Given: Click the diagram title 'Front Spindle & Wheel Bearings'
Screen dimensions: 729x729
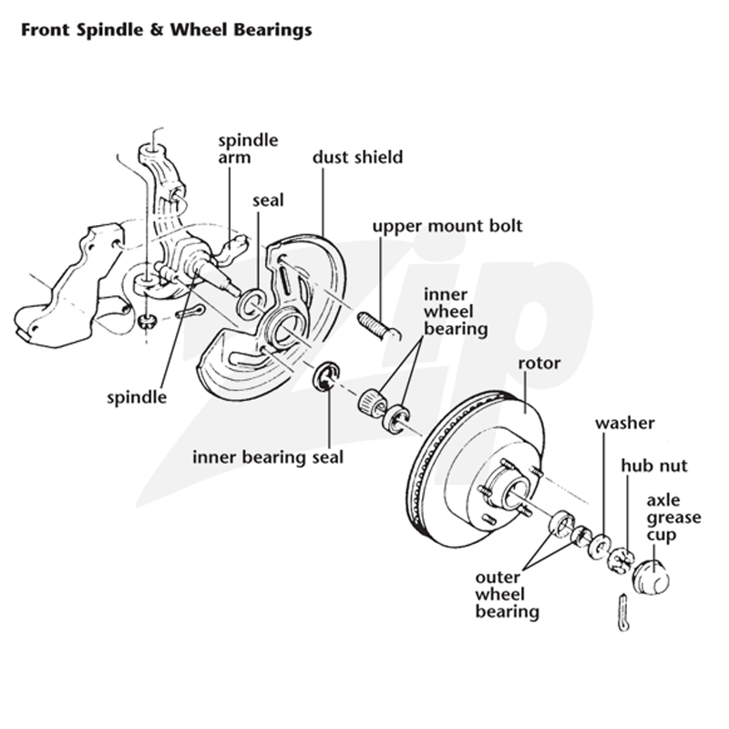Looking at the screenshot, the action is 167,30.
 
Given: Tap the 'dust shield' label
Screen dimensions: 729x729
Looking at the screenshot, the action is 357,157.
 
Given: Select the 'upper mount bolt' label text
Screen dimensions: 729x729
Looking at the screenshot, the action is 447,226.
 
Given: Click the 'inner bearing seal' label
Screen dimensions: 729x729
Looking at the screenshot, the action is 268,457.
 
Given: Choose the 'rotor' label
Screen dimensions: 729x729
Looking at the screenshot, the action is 539,363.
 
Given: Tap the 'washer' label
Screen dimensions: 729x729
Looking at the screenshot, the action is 625,423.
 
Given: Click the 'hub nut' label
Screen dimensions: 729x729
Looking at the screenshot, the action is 653,466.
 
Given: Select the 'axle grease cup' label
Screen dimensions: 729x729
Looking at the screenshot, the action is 673,518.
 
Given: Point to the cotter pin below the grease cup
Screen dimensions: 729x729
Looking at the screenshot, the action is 624,612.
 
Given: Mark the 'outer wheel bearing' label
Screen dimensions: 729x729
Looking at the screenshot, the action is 507,595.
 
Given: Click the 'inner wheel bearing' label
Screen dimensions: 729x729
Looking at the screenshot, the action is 456,312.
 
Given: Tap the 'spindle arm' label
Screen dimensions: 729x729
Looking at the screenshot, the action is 248,149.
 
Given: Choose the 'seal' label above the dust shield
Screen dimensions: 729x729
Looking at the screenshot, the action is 268,200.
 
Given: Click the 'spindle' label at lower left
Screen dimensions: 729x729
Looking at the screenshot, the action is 137,397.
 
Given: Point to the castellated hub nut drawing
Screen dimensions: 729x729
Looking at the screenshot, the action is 621,560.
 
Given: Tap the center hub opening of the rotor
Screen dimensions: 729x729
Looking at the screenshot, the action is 517,494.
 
